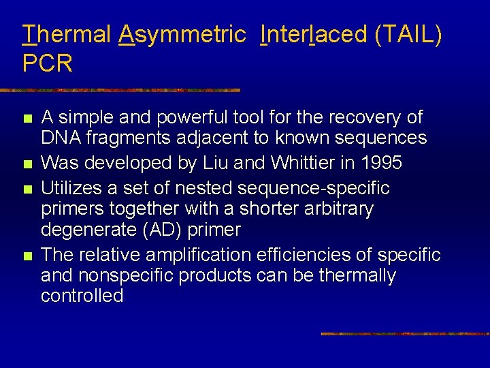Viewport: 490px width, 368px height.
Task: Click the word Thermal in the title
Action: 66,34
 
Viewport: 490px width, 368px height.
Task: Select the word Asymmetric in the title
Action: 182,34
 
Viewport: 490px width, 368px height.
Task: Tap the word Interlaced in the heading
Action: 314,34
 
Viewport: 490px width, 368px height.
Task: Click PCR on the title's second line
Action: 48,64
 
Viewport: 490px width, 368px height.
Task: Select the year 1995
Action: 378,164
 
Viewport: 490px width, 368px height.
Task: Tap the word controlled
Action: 82,296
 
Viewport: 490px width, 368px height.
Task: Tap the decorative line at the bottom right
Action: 404,334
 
